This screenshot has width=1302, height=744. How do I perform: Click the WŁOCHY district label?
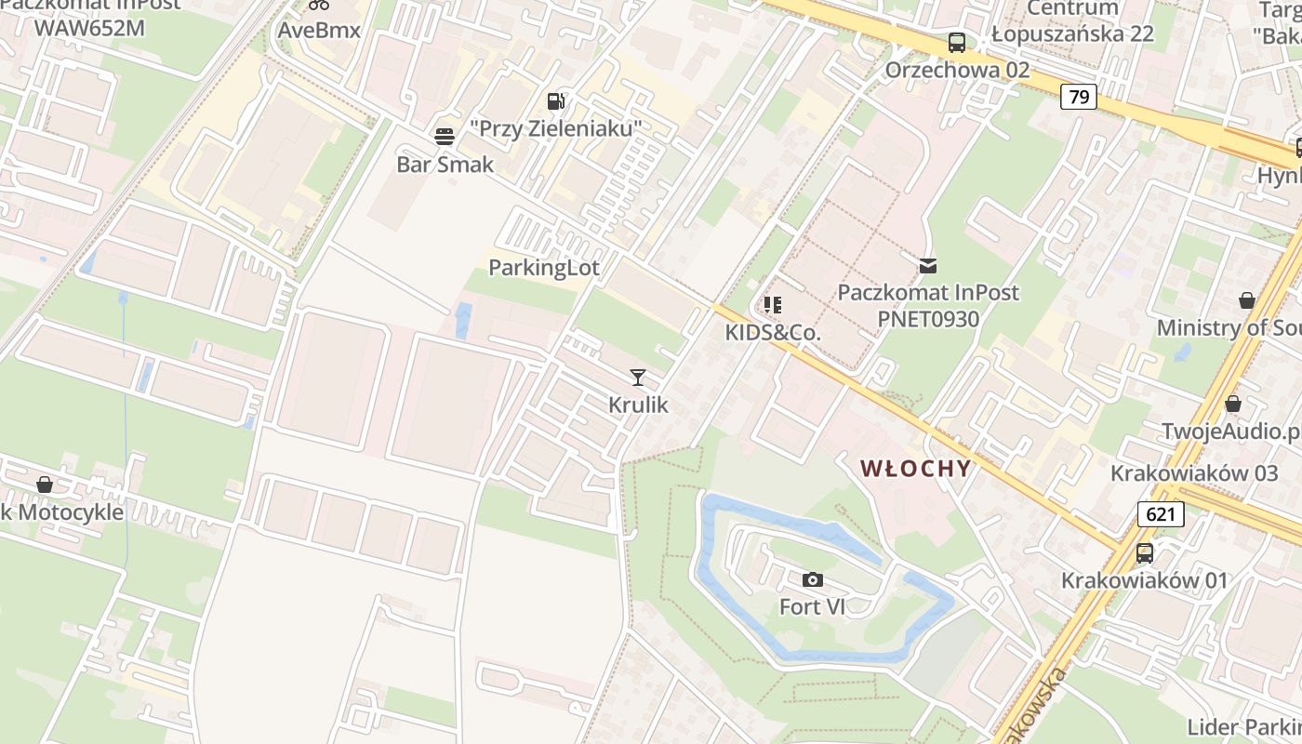[x=916, y=468]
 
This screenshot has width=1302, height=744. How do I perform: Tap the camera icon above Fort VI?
[x=813, y=579]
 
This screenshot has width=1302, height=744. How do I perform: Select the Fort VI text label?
[x=813, y=606]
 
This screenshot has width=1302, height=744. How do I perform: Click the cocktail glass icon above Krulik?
[x=638, y=377]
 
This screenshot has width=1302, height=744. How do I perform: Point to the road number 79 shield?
[x=1079, y=97]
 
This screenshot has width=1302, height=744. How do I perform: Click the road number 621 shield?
[x=1161, y=513]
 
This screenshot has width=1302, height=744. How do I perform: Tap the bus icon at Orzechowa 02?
[x=957, y=42]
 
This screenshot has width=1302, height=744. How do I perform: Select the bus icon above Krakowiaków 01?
[x=1145, y=552]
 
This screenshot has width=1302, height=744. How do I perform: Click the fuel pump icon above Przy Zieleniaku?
[x=556, y=100]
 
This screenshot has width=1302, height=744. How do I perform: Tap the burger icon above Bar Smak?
[x=445, y=137]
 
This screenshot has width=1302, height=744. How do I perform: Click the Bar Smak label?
[x=445, y=165]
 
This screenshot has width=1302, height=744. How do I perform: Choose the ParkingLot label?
[x=544, y=268]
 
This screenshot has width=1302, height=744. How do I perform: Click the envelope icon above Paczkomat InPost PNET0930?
[x=928, y=266]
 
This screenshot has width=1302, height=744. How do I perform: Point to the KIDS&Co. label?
[x=773, y=332]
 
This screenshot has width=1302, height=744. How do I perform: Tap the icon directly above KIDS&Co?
[x=773, y=304]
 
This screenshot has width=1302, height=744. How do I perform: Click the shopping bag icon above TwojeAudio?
[x=1233, y=404]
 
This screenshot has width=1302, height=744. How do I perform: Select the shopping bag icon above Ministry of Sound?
[x=1247, y=300]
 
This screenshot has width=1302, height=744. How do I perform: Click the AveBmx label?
[x=319, y=30]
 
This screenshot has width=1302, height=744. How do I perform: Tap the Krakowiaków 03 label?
[x=1194, y=472]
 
